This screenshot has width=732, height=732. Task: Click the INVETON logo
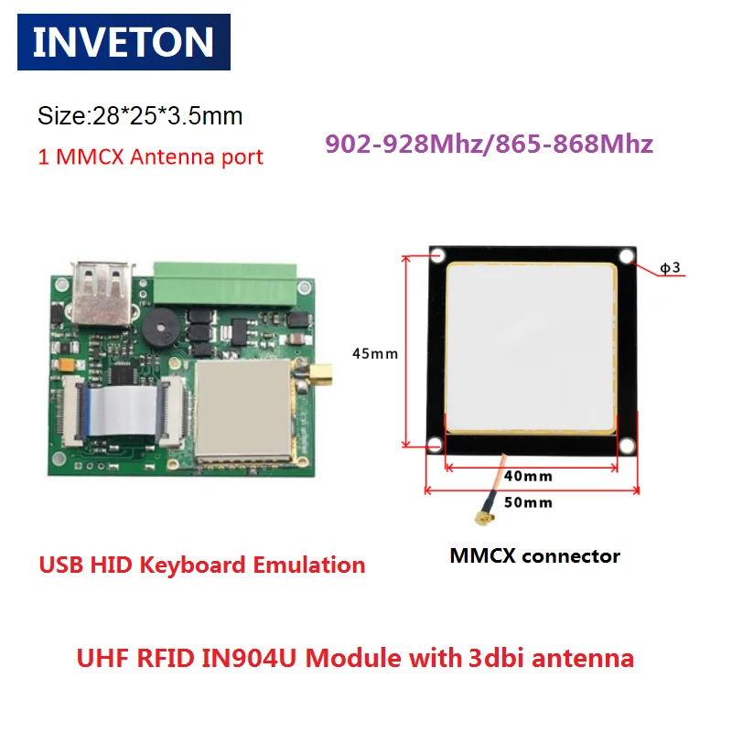124,42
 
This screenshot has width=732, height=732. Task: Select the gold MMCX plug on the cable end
483,522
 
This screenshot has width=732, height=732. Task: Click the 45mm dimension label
375,353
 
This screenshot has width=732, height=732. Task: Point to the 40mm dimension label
528,476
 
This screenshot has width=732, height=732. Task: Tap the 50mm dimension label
528,502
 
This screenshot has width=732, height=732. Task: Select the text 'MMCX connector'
535,555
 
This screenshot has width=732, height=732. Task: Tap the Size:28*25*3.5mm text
139,116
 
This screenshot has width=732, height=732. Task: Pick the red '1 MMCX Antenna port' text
150,156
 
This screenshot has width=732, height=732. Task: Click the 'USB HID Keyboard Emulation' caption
201,565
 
